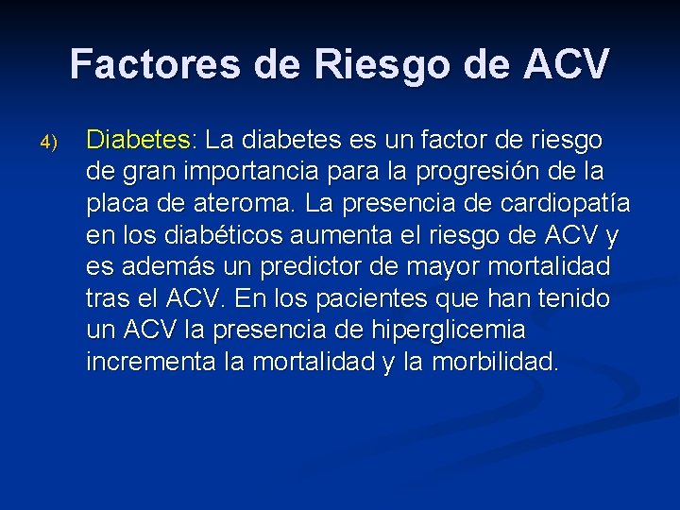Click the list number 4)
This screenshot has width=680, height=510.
click(49, 144)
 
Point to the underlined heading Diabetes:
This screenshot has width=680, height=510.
click(139, 141)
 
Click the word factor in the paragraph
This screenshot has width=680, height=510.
click(464, 141)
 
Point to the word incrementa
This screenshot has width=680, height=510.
click(143, 362)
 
